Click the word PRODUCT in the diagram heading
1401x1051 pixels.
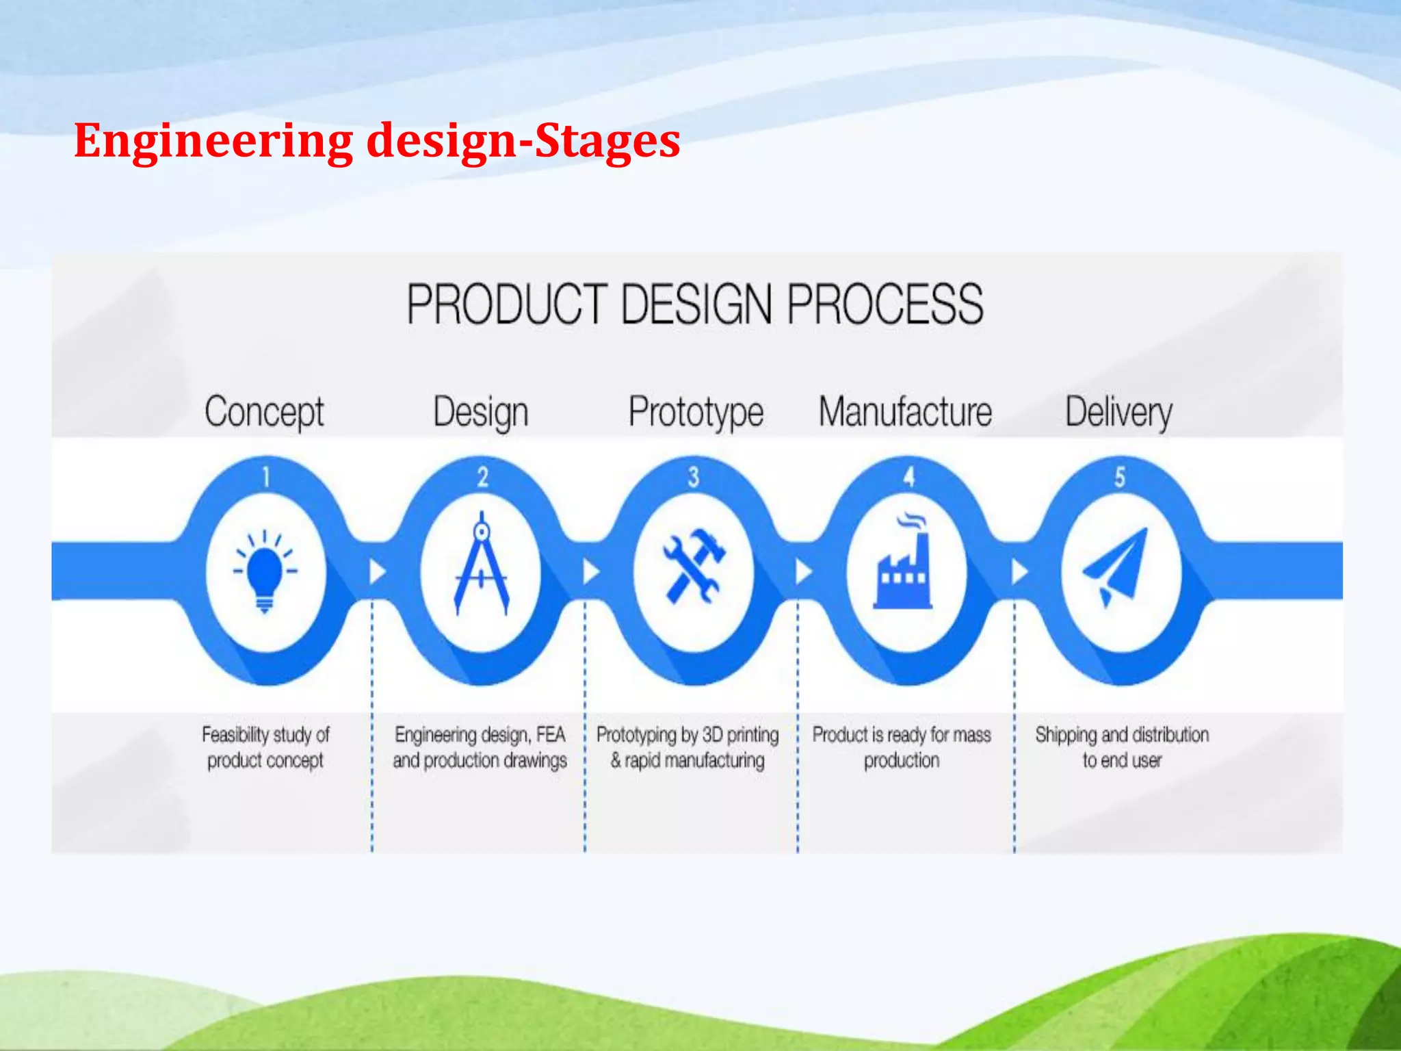point(506,304)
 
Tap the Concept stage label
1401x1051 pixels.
point(264,412)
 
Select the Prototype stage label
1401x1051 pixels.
point(696,412)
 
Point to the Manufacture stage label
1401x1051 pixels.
point(905,412)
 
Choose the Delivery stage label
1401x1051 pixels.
point(1118,412)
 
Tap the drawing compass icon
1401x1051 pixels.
point(482,564)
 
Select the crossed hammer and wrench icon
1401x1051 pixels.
point(693,567)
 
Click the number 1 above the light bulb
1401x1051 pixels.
point(266,477)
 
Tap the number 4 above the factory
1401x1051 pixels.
point(908,477)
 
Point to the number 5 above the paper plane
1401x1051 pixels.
point(1120,477)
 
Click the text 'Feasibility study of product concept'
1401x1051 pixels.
point(265,747)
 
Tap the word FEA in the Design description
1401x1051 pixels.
point(551,735)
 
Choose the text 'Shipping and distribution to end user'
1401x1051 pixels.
point(1122,747)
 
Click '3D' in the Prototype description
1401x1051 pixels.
point(713,735)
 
